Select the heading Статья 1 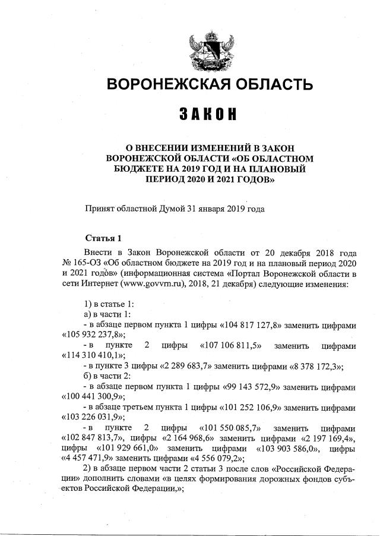pos(104,238)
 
